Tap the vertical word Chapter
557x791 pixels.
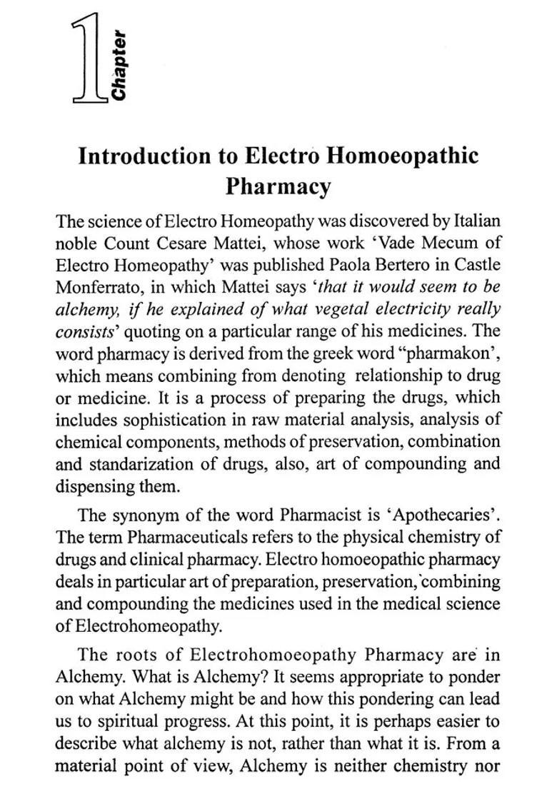(x=119, y=65)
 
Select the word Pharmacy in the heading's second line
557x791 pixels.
(x=278, y=186)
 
